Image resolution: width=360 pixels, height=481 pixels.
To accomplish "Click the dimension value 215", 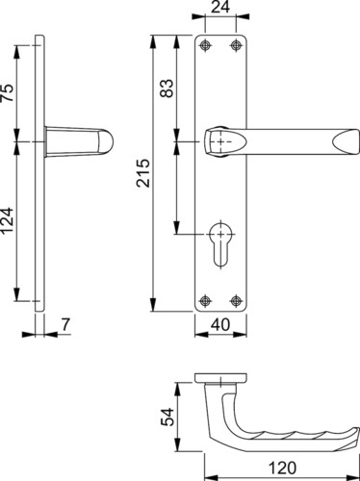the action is tap(143, 172).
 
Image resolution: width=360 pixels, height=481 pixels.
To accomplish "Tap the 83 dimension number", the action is tap(167, 88).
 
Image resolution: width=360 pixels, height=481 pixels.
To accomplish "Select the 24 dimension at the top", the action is tap(220, 7).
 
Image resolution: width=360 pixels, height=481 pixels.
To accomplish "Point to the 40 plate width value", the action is tap(220, 324).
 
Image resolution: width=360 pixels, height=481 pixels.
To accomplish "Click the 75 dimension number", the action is tap(8, 92).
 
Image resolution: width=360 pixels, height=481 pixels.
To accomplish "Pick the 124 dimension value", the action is tap(8, 220).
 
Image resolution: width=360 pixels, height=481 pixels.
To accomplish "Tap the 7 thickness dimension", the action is tap(65, 324).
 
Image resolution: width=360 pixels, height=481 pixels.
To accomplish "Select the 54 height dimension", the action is tap(167, 417).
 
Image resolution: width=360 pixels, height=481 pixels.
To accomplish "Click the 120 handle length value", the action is tap(282, 468).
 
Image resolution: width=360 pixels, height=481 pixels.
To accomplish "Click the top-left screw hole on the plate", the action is tap(205, 45).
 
